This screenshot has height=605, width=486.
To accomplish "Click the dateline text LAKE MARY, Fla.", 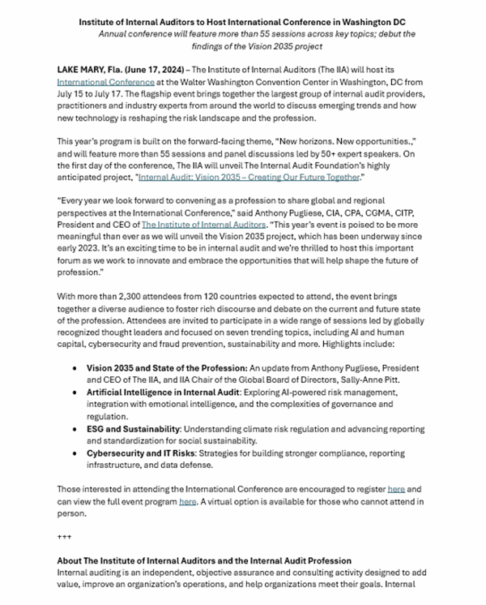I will click(87, 71).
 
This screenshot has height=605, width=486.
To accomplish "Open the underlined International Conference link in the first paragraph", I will click(105, 82).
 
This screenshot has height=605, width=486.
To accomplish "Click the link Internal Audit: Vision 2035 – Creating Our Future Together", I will click(248, 176).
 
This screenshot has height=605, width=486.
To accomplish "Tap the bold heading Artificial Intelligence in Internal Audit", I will click(163, 392).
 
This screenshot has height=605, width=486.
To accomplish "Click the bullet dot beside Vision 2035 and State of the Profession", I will click(76, 368).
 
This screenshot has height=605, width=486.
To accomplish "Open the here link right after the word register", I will click(396, 489).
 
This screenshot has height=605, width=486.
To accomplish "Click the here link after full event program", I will click(187, 501).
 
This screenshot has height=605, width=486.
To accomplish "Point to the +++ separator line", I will click(64, 537).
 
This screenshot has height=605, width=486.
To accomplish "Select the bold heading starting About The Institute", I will click(204, 560).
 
